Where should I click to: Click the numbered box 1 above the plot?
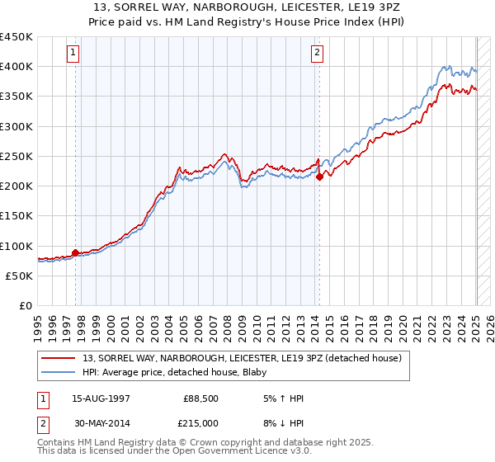(x=73, y=53)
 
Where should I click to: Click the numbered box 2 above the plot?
(x=318, y=53)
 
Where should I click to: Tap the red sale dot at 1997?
(x=75, y=252)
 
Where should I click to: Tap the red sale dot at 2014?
(x=319, y=177)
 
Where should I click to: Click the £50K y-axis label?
(x=20, y=276)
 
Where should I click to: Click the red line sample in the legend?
(x=59, y=358)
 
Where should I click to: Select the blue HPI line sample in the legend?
(x=59, y=371)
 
